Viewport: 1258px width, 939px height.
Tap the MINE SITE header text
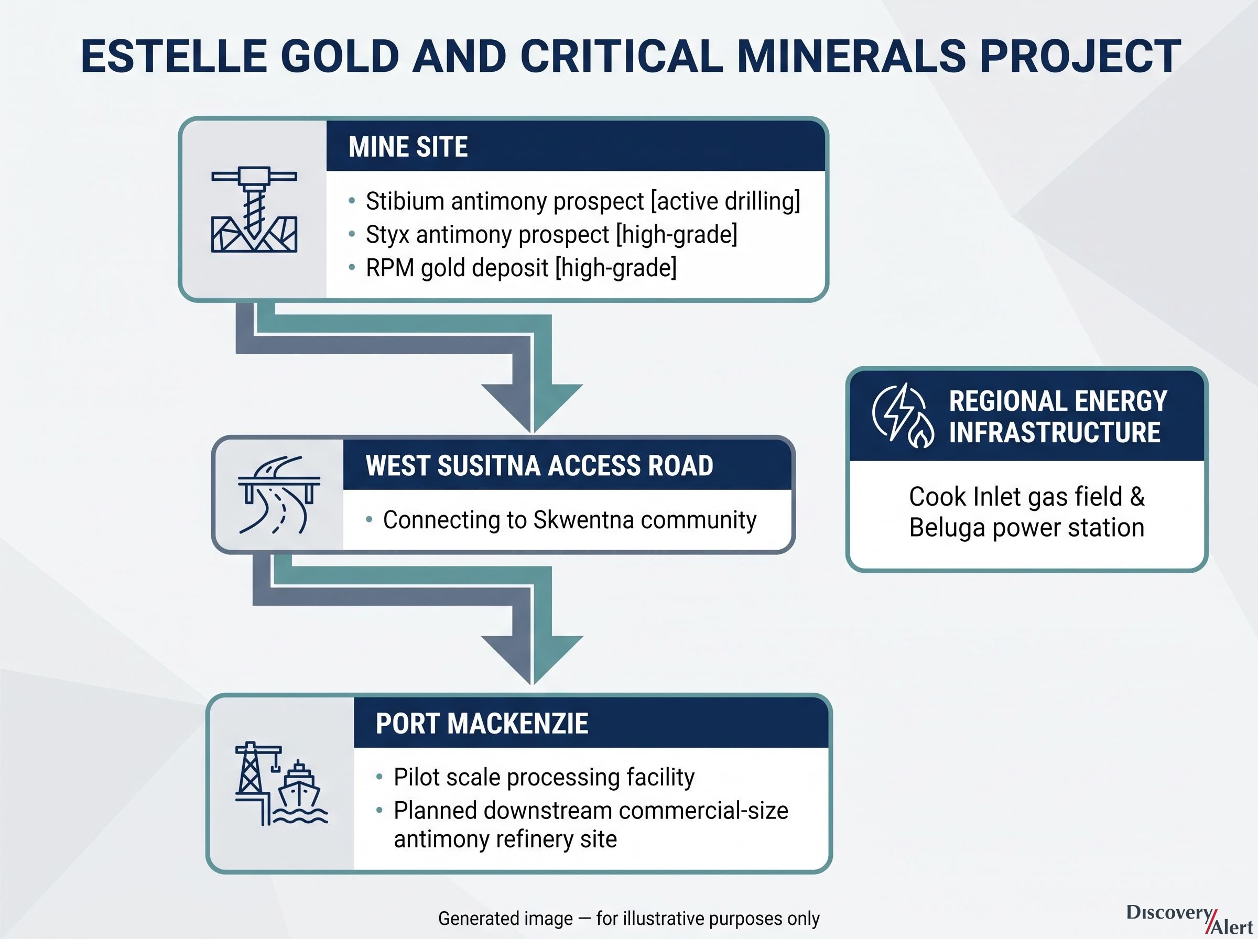[408, 147]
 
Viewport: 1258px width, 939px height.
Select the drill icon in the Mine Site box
[254, 209]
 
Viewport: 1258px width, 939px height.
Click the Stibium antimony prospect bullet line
[583, 201]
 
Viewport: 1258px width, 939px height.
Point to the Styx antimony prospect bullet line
[551, 234]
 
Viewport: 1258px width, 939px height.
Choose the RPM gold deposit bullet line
[521, 268]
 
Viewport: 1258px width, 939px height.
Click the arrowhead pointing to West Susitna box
[532, 407]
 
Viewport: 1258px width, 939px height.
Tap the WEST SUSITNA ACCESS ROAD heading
[539, 465]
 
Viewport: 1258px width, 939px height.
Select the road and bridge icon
[278, 495]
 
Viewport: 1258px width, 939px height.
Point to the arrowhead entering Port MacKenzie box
[532, 659]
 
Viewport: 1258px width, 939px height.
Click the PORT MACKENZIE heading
[482, 724]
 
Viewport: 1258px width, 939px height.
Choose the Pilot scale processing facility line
[544, 778]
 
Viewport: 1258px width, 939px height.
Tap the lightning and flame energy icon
[903, 416]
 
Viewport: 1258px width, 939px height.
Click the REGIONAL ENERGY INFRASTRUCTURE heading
[1058, 417]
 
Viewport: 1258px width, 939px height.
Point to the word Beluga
[947, 528]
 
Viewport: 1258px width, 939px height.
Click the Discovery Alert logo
[1189, 919]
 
